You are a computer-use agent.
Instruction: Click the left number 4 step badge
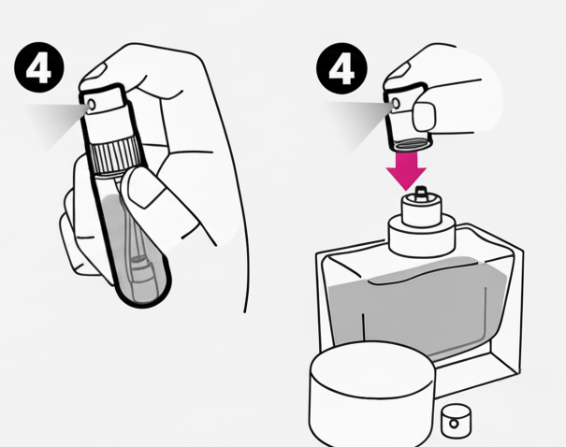pos(39,67)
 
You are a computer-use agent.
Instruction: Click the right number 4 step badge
pos(341,68)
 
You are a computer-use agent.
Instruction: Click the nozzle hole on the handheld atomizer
pos(92,105)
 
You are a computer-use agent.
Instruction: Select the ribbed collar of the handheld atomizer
pos(115,156)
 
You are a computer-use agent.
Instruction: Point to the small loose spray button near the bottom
pos(457,421)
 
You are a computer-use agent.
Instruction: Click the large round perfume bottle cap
pos(371,395)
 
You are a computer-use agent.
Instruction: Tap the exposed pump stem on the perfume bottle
pos(420,194)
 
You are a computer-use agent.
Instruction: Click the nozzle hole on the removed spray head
pos(396,104)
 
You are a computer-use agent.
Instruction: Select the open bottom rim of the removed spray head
pos(412,144)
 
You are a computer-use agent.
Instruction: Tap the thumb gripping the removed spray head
pos(424,116)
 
